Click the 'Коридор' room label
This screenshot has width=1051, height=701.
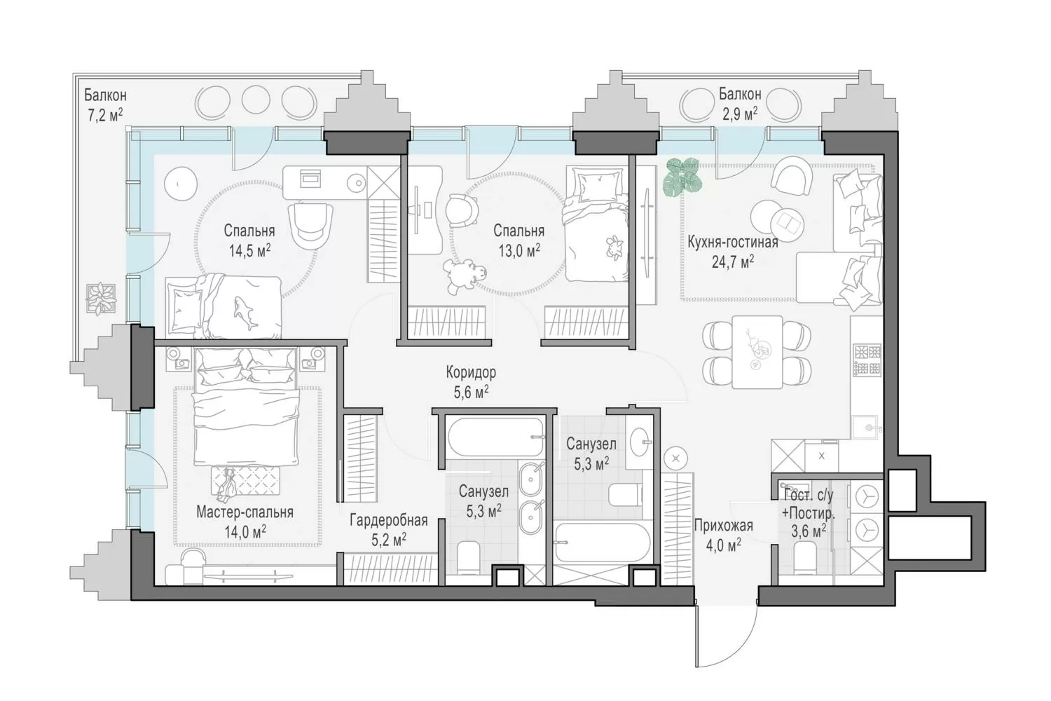(471, 372)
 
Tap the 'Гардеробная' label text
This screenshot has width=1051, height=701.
(388, 520)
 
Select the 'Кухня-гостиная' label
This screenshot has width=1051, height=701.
(732, 242)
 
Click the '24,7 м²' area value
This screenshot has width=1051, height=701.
(732, 261)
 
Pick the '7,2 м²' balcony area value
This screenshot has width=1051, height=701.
(106, 114)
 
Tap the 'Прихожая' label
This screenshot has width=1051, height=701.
(724, 525)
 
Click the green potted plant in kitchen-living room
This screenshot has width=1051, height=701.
(683, 177)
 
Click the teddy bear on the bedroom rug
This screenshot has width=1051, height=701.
(464, 277)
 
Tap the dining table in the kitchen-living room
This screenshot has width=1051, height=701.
(757, 352)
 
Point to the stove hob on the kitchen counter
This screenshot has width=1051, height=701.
(867, 360)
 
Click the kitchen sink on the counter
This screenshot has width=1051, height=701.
(865, 428)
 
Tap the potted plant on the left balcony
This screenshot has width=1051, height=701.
(101, 298)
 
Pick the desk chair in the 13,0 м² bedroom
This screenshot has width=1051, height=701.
(462, 211)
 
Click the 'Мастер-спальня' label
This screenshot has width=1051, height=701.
(245, 512)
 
